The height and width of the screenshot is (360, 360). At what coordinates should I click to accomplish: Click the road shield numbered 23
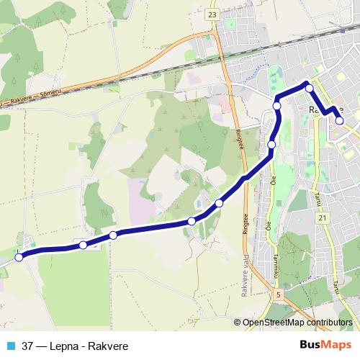[x=211, y=14]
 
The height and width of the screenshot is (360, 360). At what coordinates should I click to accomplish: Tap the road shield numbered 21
[x=322, y=217]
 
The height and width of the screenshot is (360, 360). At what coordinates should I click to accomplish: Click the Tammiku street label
[x=276, y=267]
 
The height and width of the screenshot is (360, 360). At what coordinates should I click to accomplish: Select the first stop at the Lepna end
[x=19, y=257]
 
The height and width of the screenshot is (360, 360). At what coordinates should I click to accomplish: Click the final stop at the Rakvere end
[x=340, y=121]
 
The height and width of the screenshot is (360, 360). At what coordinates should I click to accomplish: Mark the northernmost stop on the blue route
[x=310, y=88]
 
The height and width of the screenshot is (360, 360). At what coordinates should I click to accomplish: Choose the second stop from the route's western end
[x=83, y=246]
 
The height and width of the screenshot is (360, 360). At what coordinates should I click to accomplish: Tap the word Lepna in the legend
[x=62, y=346]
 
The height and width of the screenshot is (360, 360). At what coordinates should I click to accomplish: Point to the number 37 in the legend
[x=27, y=346]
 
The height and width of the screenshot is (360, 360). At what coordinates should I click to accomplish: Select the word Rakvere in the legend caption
[x=100, y=346]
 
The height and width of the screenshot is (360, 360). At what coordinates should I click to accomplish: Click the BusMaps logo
[x=327, y=345]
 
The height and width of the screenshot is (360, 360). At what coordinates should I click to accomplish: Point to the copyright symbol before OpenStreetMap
[x=238, y=323]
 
